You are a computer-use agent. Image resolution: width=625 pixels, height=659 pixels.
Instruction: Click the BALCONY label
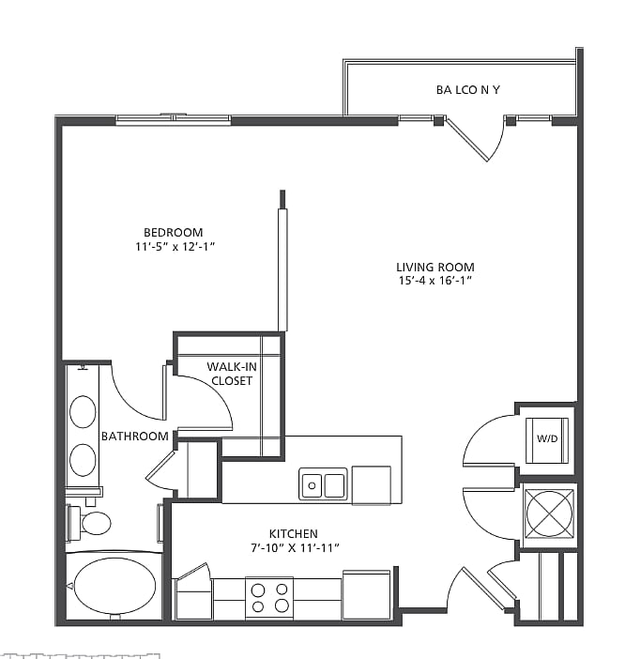click(x=468, y=90)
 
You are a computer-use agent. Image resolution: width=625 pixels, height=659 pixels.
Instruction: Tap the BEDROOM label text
click(x=173, y=233)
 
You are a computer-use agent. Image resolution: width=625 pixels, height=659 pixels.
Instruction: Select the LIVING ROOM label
click(x=434, y=267)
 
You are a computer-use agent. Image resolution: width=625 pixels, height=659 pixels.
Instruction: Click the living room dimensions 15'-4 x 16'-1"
click(x=434, y=281)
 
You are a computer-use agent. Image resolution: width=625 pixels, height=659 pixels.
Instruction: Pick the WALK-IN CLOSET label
click(x=230, y=374)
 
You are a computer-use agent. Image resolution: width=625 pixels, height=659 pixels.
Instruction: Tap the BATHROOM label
click(x=135, y=436)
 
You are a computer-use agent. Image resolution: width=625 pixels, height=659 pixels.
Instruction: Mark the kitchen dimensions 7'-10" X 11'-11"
click(x=295, y=546)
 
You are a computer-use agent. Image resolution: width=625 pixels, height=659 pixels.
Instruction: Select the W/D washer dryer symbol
click(x=546, y=439)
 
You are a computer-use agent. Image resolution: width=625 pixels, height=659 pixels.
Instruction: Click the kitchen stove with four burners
click(x=269, y=596)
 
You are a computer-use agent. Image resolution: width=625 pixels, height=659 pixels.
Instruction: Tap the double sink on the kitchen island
click(x=323, y=484)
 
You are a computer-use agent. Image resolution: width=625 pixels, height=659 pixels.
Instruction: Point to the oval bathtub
click(x=114, y=586)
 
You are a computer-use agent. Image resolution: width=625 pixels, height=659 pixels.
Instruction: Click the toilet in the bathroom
click(x=90, y=522)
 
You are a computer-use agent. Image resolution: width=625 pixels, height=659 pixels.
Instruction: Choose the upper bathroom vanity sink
click(x=84, y=411)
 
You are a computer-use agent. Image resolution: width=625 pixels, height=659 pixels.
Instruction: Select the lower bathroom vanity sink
click(x=84, y=459)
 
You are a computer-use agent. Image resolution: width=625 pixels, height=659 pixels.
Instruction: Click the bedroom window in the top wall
click(x=174, y=119)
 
